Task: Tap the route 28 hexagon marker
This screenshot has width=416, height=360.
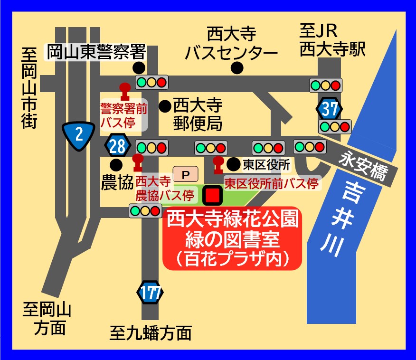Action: pos(117,146)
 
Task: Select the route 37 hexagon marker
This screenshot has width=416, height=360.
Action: pos(329,109)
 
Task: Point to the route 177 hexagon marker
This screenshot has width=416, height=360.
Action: pos(151,294)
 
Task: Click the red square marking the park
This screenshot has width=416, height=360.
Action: pos(212,195)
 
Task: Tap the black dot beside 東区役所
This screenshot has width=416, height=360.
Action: pos(233,164)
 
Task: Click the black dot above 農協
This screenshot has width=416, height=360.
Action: pos(116,165)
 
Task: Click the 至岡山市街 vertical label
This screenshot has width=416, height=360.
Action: pos(29,88)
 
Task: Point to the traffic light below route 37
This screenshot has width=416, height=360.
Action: pos(335,127)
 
